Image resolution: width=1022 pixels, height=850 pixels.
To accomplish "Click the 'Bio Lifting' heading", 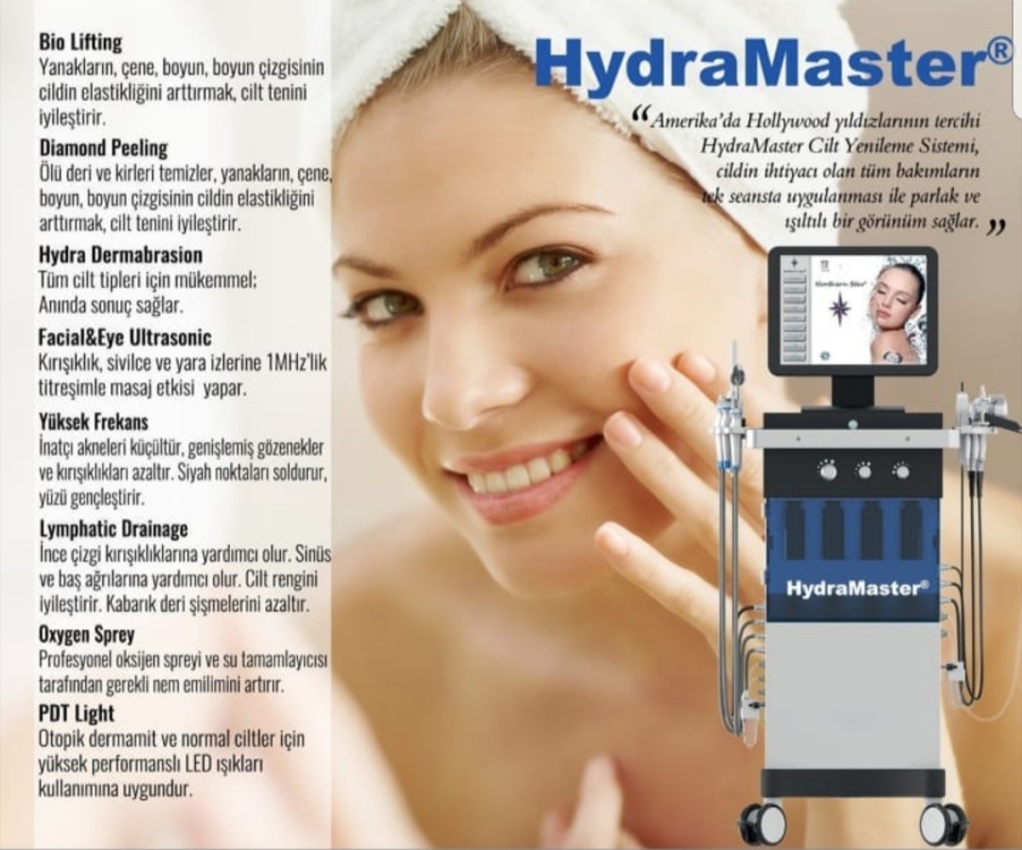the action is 80,43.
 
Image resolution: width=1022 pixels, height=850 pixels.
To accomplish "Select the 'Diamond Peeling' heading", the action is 103,148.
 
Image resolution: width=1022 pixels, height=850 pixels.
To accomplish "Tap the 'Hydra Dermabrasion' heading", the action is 120,256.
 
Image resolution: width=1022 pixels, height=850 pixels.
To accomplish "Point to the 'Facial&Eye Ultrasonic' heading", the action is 125,337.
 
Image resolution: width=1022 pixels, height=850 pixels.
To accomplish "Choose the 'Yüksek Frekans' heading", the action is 94,422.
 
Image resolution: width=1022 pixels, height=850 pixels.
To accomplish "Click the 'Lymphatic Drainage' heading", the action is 113,529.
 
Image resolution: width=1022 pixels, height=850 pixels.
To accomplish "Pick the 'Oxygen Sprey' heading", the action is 86,635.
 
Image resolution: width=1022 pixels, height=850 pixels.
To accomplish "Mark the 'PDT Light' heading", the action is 77,714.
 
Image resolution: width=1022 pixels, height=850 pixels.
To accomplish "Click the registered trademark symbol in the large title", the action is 998,51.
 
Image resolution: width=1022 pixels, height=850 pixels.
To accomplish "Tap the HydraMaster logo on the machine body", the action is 857,588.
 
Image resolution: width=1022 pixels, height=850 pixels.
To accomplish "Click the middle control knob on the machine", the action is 864,470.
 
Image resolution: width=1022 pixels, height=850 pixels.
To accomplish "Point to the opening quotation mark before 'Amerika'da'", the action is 640,116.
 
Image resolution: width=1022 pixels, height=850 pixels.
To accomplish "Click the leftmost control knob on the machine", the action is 827,470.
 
